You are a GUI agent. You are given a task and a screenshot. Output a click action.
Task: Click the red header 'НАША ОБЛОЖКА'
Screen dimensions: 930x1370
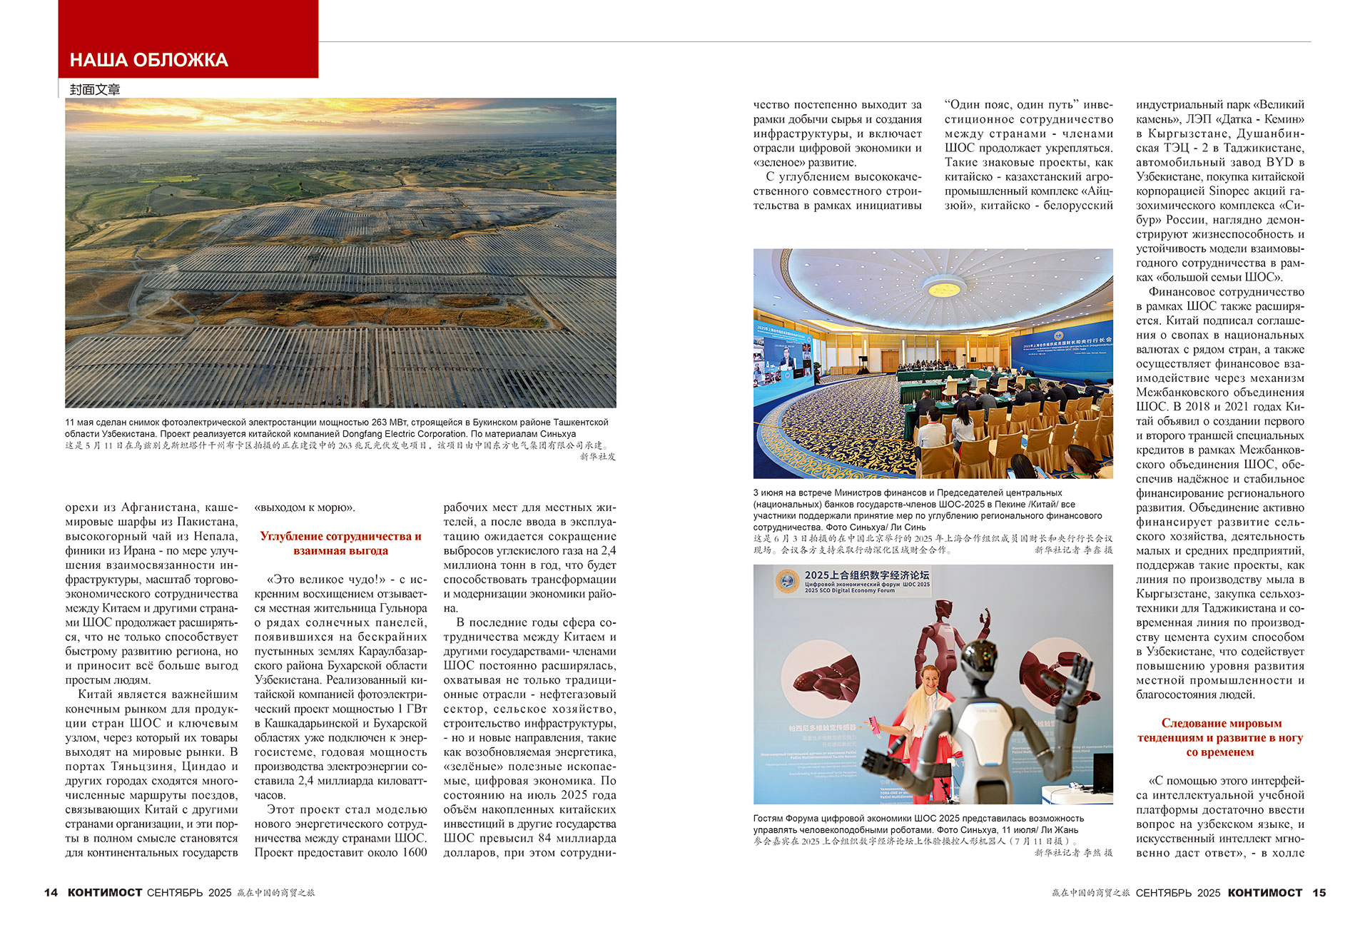tap(149, 60)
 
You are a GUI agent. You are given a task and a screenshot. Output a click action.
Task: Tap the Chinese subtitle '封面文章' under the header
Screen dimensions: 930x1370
tap(95, 89)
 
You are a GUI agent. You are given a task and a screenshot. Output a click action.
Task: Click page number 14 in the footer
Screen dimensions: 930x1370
tap(51, 893)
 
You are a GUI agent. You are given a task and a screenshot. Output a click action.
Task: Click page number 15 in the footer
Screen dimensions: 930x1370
tap(1319, 893)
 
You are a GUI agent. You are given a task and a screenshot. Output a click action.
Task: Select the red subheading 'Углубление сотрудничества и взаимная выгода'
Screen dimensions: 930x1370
tap(340, 543)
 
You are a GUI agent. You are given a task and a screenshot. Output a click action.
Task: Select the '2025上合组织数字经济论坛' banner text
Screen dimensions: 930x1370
tap(866, 575)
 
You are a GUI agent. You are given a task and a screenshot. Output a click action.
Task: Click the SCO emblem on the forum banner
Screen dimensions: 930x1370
tap(788, 581)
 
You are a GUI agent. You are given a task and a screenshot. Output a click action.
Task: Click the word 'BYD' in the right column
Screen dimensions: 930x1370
tap(1279, 162)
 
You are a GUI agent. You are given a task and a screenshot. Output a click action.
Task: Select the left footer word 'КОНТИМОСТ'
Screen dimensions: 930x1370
tap(105, 893)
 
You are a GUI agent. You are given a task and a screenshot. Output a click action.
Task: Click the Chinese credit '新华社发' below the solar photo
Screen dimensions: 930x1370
tap(597, 457)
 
